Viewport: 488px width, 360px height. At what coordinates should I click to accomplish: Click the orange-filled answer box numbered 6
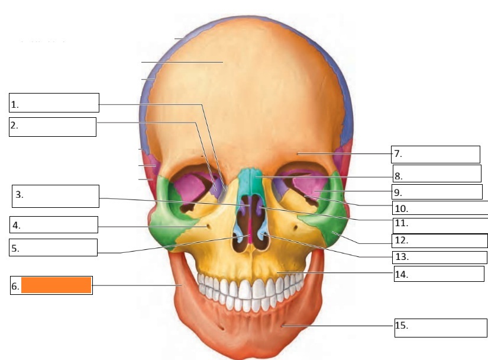coord(56,285)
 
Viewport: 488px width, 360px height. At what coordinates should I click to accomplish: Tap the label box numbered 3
coord(55,196)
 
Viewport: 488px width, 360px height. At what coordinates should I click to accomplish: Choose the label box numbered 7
coord(436,154)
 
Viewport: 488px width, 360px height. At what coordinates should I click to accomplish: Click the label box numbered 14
coord(439,274)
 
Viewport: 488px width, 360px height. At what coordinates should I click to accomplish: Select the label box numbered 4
coord(53,224)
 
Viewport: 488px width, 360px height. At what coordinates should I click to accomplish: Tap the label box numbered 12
coord(439,241)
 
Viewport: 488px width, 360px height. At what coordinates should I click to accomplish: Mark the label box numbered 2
coord(53,127)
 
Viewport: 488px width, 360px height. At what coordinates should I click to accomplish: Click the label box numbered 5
coord(53,247)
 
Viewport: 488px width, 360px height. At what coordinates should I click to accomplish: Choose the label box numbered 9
coord(437,192)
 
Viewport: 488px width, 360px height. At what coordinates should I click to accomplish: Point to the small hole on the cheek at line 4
coord(206,226)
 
